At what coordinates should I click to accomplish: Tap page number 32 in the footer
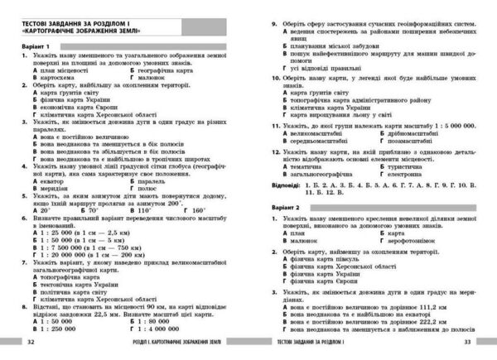point(31,341)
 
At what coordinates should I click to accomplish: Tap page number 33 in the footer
point(466,341)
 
